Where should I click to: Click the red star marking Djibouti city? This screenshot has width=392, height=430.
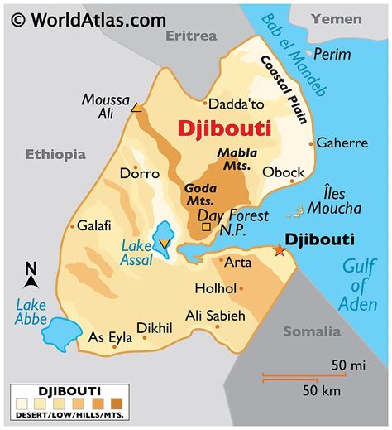[278, 249]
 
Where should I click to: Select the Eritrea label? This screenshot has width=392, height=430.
[191, 36]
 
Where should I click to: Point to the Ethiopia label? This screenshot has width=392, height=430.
[55, 153]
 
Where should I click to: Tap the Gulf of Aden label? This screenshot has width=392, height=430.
[358, 286]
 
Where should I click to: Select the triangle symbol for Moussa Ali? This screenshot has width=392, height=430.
[136, 109]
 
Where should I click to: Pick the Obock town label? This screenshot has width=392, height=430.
[283, 172]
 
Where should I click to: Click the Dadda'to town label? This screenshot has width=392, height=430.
[237, 104]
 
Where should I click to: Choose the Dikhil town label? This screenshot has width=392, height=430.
[155, 327]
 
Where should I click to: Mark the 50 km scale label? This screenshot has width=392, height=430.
[322, 390]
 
